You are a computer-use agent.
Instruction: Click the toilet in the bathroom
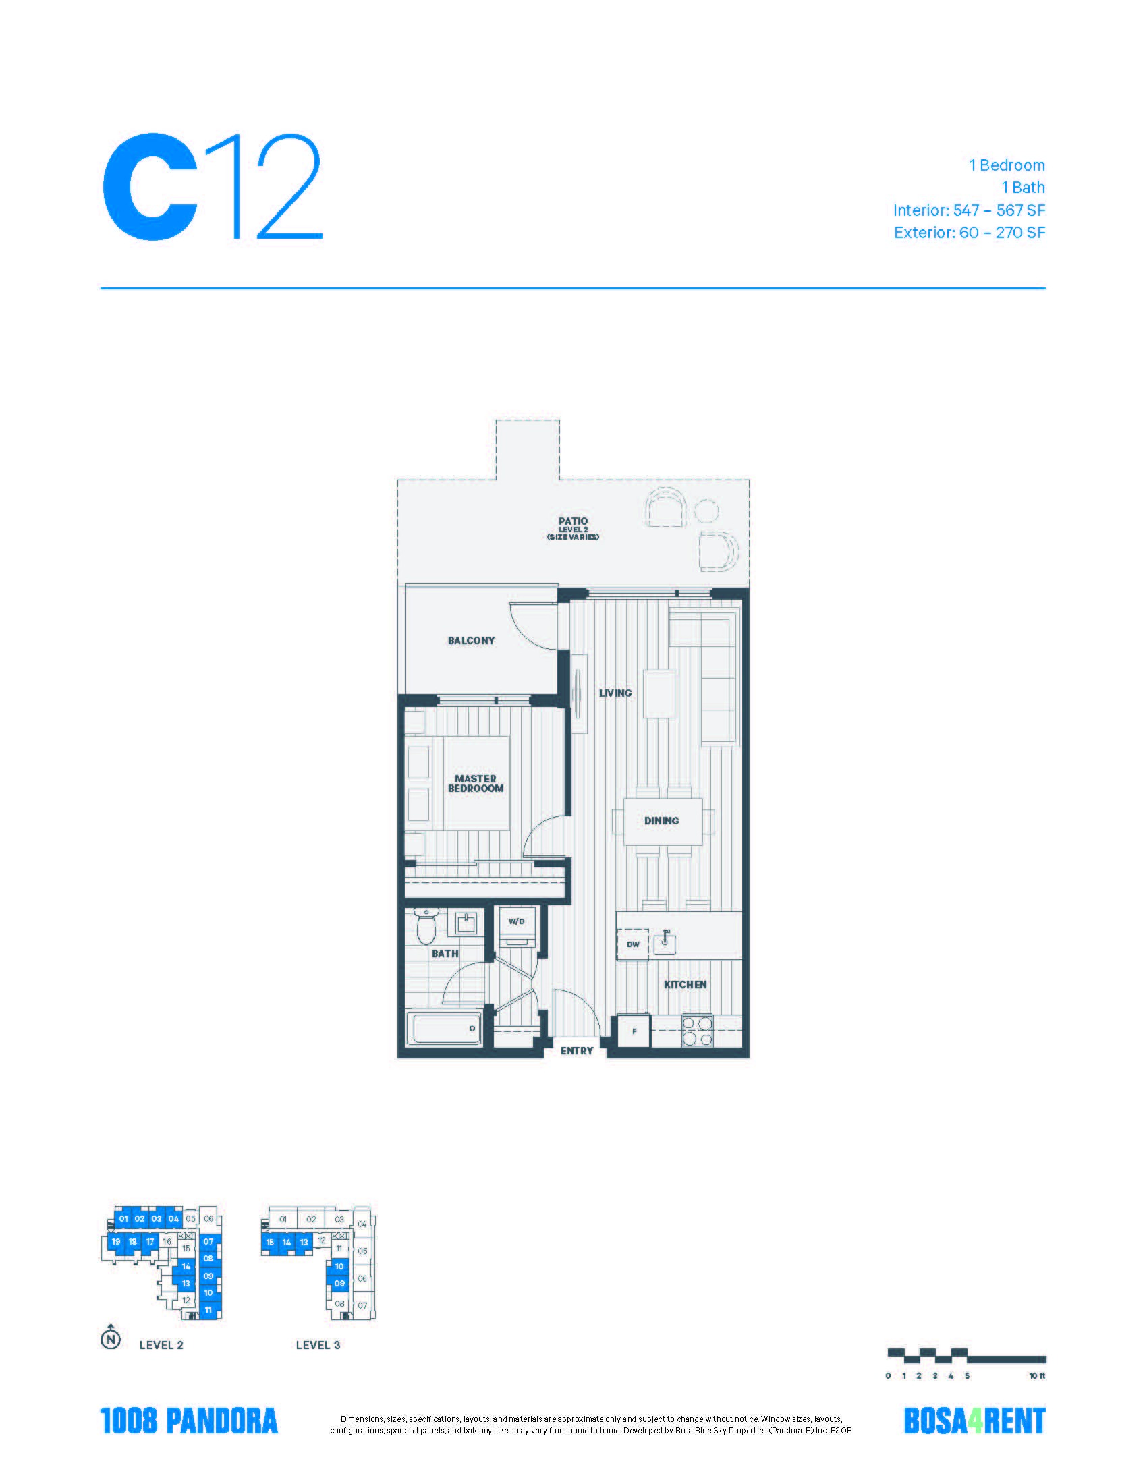pyautogui.click(x=426, y=925)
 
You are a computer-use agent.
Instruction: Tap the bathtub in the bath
pyautogui.click(x=447, y=1029)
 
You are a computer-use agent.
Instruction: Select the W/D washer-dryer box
pyautogui.click(x=516, y=927)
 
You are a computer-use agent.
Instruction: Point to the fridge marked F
pyautogui.click(x=634, y=1031)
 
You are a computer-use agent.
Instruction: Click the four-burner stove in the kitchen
pyautogui.click(x=697, y=1030)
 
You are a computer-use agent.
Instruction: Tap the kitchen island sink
pyautogui.click(x=666, y=942)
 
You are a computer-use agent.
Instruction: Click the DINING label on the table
pyautogui.click(x=662, y=820)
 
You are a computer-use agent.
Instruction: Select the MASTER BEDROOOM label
pyautogui.click(x=476, y=783)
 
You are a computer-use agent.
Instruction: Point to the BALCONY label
pyautogui.click(x=471, y=640)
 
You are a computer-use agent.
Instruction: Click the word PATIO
pyautogui.click(x=573, y=521)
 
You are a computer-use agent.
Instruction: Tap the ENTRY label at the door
pyautogui.click(x=577, y=1050)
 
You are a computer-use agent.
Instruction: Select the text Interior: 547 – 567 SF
pyautogui.click(x=969, y=210)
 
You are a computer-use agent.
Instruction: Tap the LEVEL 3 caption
pyautogui.click(x=317, y=1344)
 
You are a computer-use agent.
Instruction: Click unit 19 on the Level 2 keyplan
pyautogui.click(x=115, y=1241)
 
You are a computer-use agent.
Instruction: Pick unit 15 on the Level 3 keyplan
pyautogui.click(x=270, y=1242)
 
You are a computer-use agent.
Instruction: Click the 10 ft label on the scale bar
pyautogui.click(x=1038, y=1376)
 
